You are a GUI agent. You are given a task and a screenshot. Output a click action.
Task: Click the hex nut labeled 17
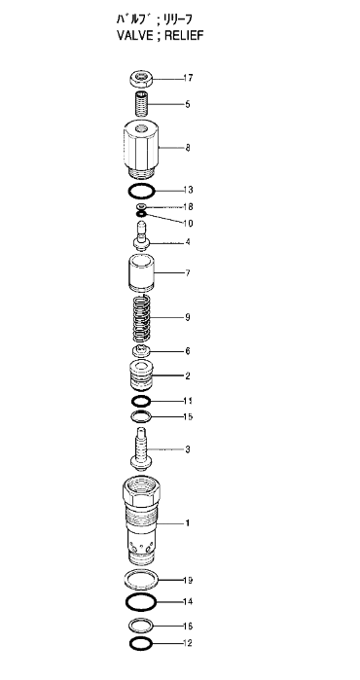[x=140, y=80]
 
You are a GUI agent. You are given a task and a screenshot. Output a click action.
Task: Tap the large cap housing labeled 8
[x=141, y=149]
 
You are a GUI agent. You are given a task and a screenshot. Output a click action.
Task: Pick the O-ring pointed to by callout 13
[x=141, y=191]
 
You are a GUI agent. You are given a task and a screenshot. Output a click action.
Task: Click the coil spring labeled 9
[x=141, y=318]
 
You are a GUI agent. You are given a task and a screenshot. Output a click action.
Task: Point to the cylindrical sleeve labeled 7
[x=141, y=272]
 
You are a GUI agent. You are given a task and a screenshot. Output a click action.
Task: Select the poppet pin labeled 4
[x=141, y=236]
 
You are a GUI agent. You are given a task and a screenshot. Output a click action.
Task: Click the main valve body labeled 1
[x=142, y=520]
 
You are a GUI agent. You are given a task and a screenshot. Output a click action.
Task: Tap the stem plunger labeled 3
[x=141, y=448]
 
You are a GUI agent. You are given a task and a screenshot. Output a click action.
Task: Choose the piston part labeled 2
[x=141, y=376]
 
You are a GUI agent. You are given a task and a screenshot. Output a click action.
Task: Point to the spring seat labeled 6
[x=141, y=350]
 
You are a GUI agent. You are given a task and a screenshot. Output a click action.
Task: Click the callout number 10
[x=188, y=224]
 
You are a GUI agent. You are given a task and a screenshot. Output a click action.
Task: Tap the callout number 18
[x=188, y=207]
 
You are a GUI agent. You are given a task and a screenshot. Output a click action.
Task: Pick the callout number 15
[x=188, y=417]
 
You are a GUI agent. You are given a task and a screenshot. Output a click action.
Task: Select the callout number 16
[x=188, y=626]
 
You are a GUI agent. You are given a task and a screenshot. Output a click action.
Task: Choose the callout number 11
[x=188, y=401]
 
